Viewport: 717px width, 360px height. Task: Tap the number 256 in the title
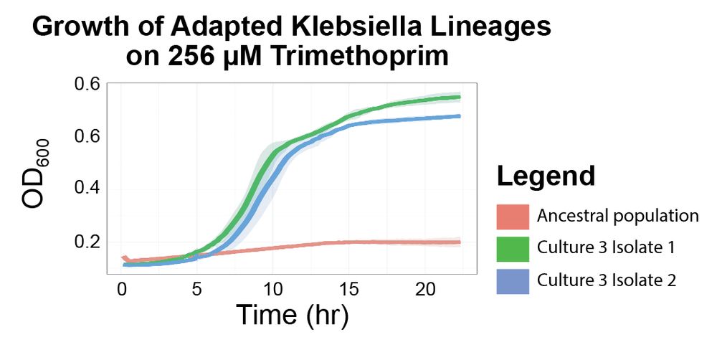[194, 57]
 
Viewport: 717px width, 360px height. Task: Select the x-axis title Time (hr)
[293, 316]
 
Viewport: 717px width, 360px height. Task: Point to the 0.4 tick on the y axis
[88, 188]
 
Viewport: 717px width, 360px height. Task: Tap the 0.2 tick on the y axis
[88, 241]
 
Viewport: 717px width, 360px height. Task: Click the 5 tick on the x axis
[197, 289]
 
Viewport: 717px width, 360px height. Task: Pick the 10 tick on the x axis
[272, 289]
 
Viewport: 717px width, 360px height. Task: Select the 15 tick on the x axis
[348, 289]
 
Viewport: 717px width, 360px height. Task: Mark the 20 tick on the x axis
[424, 289]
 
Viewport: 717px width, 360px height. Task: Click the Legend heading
[546, 176]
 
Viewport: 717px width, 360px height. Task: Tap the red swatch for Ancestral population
[512, 216]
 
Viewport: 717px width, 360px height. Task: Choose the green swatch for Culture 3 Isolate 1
[512, 248]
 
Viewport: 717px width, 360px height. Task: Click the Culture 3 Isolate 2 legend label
[607, 280]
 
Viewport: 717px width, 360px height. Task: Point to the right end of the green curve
[459, 97]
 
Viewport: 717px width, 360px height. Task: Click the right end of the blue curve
[459, 115]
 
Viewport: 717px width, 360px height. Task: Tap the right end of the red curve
[459, 242]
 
